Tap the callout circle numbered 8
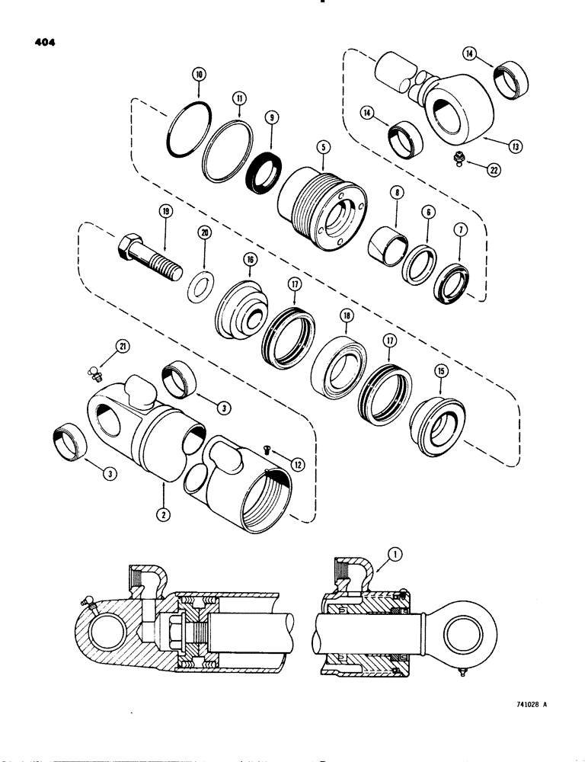[x=398, y=195]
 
